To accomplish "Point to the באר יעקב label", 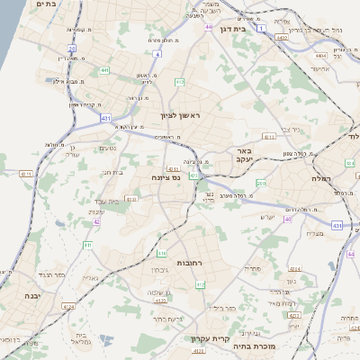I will pos(238,154).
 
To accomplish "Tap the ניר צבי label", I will pos(290,129).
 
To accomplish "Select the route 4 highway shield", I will pos(157,54).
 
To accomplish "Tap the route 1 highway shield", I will pos(261,29).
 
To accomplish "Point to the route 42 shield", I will pos(96,220).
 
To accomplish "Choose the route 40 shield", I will pos(288,219).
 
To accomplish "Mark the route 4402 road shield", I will pos(283,38).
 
